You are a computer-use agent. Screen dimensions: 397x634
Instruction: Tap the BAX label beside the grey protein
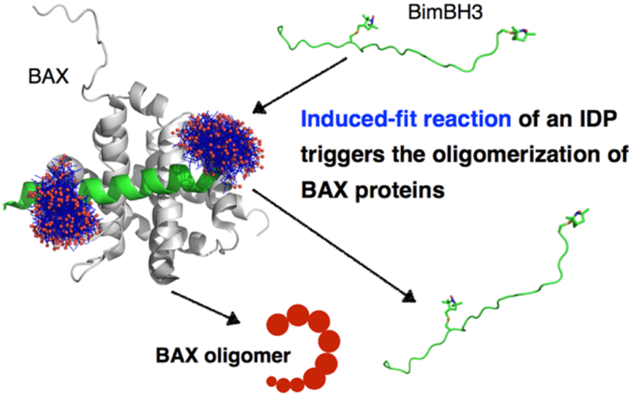(x=49, y=76)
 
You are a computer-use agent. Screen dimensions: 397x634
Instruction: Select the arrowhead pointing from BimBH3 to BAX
(x=257, y=109)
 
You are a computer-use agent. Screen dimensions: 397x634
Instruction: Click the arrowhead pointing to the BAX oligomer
(x=235, y=318)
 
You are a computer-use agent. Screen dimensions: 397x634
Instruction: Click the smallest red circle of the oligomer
(x=271, y=381)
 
